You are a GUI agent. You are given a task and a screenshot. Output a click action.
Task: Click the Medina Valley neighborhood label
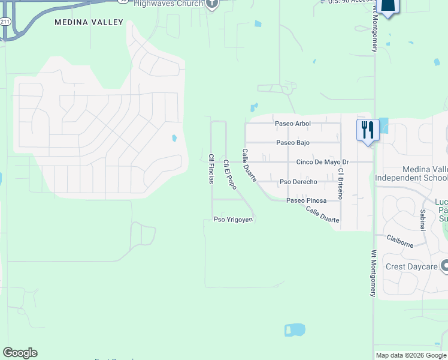pyautogui.click(x=89, y=22)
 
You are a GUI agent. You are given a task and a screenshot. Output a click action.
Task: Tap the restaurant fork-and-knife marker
pyautogui.click(x=367, y=130)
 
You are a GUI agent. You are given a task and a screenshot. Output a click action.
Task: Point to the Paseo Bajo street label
pyautogui.click(x=293, y=143)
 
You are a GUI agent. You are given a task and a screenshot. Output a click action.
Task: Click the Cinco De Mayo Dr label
pyautogui.click(x=322, y=163)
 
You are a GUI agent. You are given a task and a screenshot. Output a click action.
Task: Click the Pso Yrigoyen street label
pyautogui.click(x=234, y=220)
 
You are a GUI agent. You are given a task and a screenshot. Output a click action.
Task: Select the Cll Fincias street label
pyautogui.click(x=211, y=169)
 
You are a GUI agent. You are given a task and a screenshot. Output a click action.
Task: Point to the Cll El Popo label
pyautogui.click(x=230, y=174)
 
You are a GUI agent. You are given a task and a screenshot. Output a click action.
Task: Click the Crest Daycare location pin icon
pyautogui.click(x=444, y=265)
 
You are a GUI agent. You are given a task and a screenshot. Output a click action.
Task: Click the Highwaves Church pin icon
pyautogui.click(x=211, y=4)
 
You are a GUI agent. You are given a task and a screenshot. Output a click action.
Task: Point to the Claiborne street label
pyautogui.click(x=399, y=241)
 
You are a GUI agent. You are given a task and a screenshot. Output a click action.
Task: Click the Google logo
pyautogui.click(x=20, y=353)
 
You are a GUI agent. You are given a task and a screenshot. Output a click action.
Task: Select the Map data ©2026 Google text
pyautogui.click(x=411, y=355)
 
